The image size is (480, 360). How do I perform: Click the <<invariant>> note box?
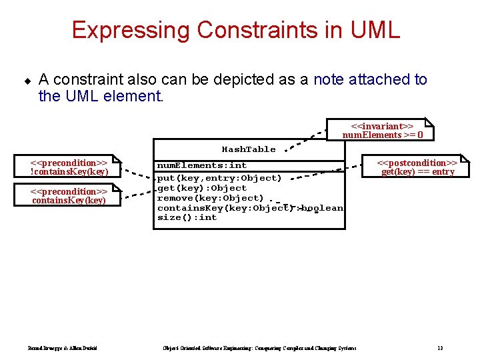[x=380, y=130]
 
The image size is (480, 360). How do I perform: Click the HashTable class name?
[x=248, y=149]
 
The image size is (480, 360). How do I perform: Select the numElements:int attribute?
[x=201, y=165]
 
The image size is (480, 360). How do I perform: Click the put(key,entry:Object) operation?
[x=219, y=178]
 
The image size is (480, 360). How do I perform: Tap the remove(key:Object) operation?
[x=210, y=198]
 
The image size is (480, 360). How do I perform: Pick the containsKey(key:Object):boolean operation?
[x=250, y=208]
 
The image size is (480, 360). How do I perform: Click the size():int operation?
[x=187, y=217]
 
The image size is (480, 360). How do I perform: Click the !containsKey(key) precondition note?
[x=69, y=167]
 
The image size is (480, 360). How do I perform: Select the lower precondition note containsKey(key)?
[x=69, y=196]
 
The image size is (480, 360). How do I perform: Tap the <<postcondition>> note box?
[x=417, y=167]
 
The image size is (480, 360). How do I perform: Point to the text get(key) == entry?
[x=418, y=172]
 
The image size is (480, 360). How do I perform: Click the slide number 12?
[x=440, y=348]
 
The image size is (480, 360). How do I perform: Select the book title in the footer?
[x=260, y=348]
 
